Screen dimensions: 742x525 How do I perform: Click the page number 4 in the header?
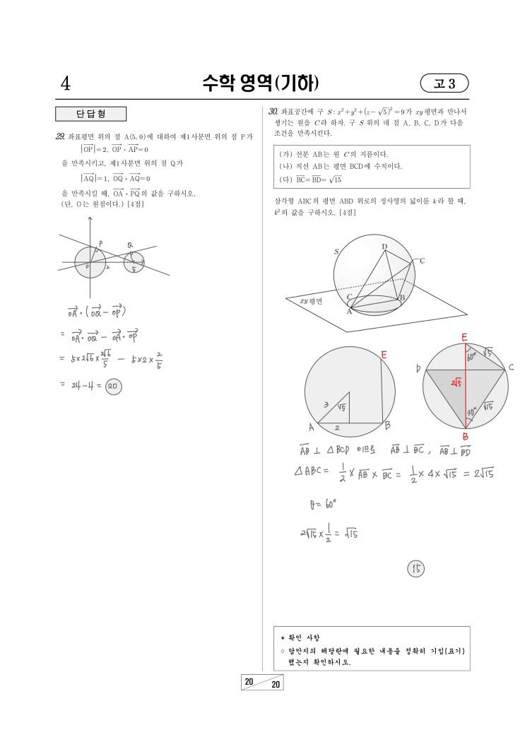click(x=65, y=84)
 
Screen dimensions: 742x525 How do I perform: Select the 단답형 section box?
click(x=90, y=114)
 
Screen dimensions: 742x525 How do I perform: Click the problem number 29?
click(x=61, y=136)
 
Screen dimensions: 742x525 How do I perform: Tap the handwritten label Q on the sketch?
click(x=130, y=245)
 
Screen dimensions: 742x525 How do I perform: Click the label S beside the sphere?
click(x=336, y=251)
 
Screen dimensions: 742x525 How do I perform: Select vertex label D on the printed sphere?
click(x=384, y=247)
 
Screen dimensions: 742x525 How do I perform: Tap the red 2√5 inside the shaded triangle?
click(x=457, y=383)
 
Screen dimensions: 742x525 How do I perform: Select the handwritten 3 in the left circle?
click(x=325, y=405)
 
